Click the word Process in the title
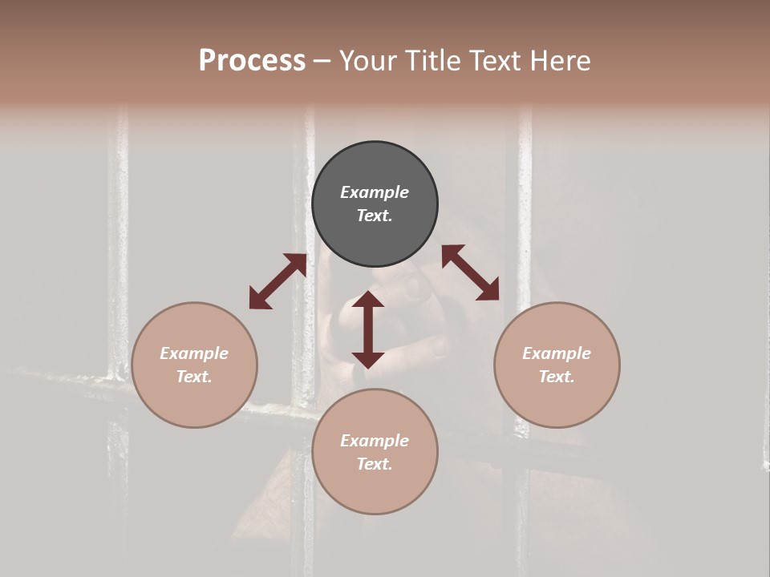pyautogui.click(x=252, y=61)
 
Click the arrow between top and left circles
pyautogui.click(x=278, y=281)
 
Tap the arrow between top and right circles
pyautogui.click(x=470, y=272)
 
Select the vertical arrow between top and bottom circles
pyautogui.click(x=368, y=329)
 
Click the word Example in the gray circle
pyautogui.click(x=375, y=192)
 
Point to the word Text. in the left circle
pyautogui.click(x=194, y=377)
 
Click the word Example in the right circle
pyautogui.click(x=557, y=353)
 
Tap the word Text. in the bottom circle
pyautogui.click(x=375, y=464)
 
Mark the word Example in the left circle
pyautogui.click(x=194, y=353)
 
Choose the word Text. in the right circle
pyautogui.click(x=557, y=377)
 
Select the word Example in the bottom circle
pyautogui.click(x=375, y=441)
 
